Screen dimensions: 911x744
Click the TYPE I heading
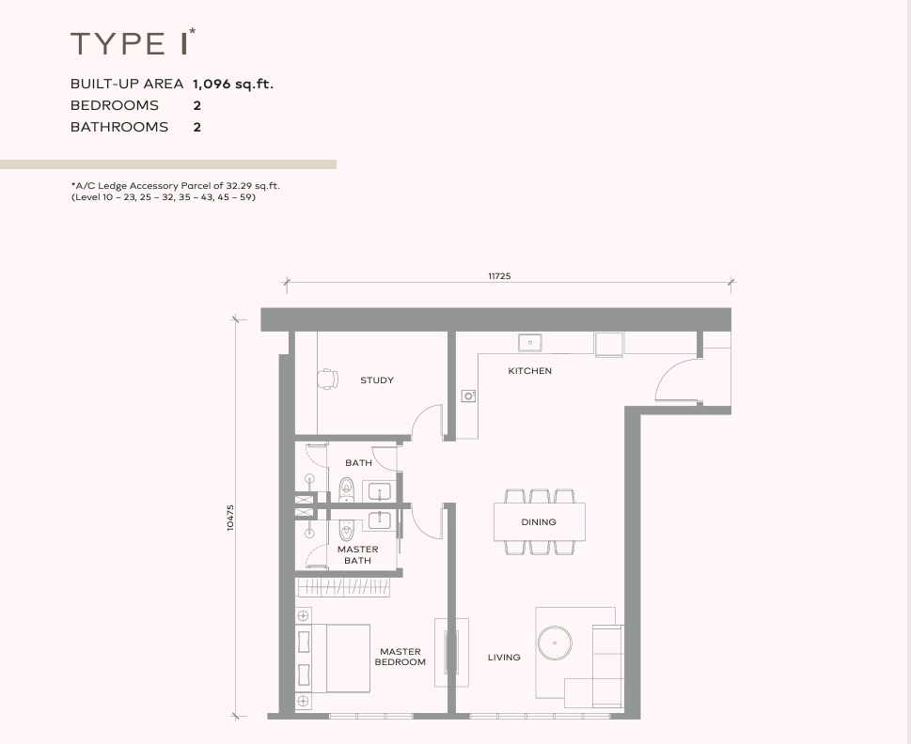click(133, 43)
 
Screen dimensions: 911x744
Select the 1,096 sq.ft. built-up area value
click(233, 85)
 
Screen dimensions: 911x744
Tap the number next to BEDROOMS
click(196, 105)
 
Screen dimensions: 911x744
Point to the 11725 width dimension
click(499, 276)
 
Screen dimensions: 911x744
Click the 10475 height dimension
click(230, 518)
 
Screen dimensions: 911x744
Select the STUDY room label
click(377, 380)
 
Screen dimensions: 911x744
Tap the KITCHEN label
click(530, 371)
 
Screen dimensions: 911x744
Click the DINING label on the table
click(539, 522)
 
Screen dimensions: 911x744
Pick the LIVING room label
click(504, 658)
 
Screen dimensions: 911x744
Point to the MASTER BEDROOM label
click(401, 657)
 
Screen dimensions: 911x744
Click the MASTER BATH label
click(358, 555)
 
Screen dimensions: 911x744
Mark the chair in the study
click(328, 379)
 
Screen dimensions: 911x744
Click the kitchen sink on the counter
click(530, 342)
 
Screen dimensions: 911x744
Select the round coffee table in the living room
click(555, 643)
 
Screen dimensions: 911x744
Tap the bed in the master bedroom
click(340, 659)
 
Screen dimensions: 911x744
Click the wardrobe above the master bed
click(343, 587)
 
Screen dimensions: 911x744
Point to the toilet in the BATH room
click(346, 489)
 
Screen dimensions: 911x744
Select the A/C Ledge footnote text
click(176, 192)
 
